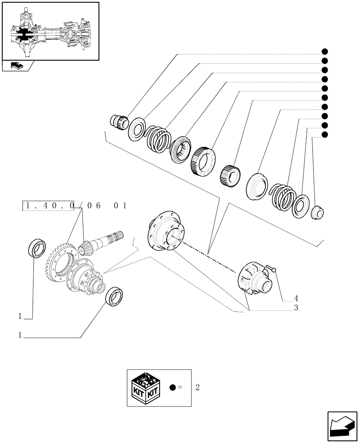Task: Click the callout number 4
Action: (295, 298)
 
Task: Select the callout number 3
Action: (295, 308)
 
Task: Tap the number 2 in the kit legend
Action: (197, 387)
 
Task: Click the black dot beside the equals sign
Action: (173, 387)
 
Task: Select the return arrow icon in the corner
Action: (342, 426)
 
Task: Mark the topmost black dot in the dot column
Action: (325, 52)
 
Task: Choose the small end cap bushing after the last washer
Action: (317, 212)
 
